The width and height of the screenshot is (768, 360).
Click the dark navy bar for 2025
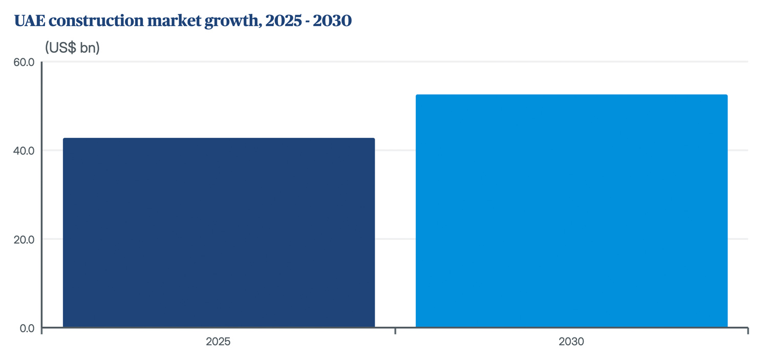pyautogui.click(x=219, y=233)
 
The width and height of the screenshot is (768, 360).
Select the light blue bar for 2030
pyautogui.click(x=571, y=211)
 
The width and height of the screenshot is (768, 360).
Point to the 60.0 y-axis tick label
pyautogui.click(x=24, y=62)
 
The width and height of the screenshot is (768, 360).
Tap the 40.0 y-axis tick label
pyautogui.click(x=24, y=151)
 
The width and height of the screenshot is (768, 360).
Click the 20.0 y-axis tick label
pyautogui.click(x=24, y=240)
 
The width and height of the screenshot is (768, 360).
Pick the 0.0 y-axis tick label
pyautogui.click(x=26, y=328)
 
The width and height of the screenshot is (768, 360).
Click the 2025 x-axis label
pyautogui.click(x=218, y=342)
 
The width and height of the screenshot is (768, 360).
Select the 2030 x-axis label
pyautogui.click(x=571, y=342)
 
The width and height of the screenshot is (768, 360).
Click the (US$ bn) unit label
pyautogui.click(x=72, y=48)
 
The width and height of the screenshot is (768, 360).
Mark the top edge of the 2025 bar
pyautogui.click(x=219, y=139)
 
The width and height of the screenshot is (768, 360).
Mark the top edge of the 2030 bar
pyautogui.click(x=571, y=95)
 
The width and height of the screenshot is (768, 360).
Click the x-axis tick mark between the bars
pyautogui.click(x=395, y=331)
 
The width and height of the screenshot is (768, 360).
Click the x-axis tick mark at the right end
pyautogui.click(x=748, y=331)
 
